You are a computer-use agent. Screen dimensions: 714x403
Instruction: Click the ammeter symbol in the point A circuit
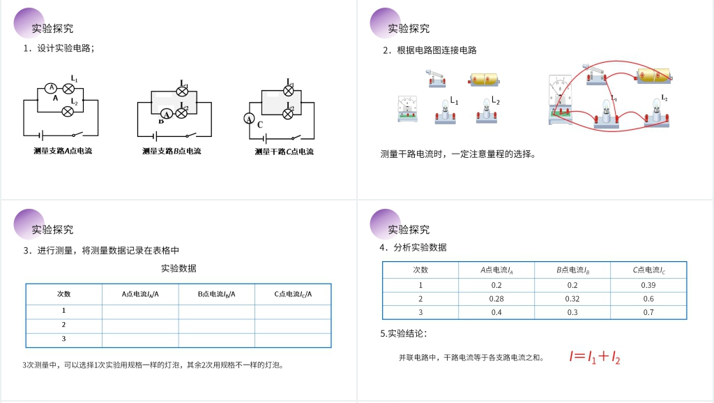click(50, 88)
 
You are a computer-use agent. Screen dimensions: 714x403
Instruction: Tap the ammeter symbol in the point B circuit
click(167, 114)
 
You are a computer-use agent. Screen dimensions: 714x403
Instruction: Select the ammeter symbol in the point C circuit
click(249, 119)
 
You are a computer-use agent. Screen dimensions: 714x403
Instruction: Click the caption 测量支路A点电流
click(63, 151)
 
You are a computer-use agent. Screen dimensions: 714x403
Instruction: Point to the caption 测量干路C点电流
click(284, 151)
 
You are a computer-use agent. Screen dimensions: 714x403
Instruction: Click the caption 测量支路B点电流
click(172, 151)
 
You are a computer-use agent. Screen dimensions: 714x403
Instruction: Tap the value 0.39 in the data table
click(648, 285)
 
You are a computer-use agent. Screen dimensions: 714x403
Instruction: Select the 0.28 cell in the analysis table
click(496, 299)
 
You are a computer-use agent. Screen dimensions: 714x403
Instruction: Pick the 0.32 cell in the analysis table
click(572, 299)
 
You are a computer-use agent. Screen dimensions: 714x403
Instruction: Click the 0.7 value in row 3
click(648, 312)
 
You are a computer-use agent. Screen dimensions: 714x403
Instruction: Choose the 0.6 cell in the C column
click(648, 299)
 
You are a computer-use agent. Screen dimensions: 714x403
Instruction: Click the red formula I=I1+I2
click(595, 357)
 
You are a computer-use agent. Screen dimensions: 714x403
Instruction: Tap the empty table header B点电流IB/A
click(216, 294)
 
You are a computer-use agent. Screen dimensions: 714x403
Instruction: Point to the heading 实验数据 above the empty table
click(178, 268)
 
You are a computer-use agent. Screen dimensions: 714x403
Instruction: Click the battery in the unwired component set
click(486, 79)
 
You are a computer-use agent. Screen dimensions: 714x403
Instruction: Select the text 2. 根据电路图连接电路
click(430, 50)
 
